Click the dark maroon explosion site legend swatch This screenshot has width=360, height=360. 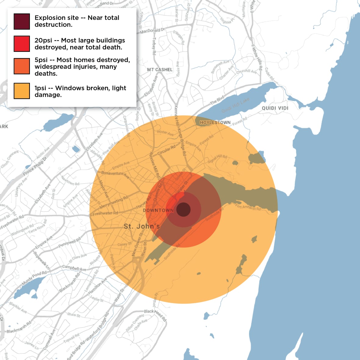(22, 21)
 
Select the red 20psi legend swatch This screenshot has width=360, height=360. (22, 44)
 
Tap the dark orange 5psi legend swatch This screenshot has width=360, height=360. (22, 66)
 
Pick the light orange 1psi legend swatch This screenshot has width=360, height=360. (22, 91)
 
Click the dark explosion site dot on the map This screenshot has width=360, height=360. (183, 210)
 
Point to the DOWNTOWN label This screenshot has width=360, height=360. (158, 210)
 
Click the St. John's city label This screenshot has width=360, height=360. (142, 226)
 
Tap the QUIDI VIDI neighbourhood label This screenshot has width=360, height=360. (275, 108)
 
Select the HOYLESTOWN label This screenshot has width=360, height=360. (215, 122)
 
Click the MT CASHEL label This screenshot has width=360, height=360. (160, 70)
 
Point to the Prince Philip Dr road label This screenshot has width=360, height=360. (35, 167)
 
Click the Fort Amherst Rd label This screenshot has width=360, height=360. (248, 207)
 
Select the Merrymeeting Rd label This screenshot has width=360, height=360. (114, 202)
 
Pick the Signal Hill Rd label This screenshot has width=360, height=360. (217, 159)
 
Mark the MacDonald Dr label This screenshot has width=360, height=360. (153, 31)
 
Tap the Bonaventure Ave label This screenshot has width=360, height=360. (115, 175)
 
